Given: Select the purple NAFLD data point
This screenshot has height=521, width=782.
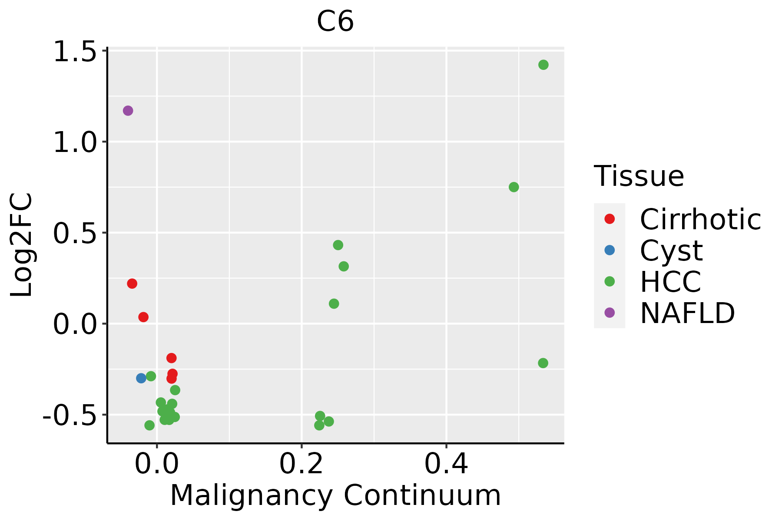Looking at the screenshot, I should pos(128,111).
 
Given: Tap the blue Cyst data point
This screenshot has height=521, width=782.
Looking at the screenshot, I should pos(141,378).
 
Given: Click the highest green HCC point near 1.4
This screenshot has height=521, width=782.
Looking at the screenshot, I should pos(543,65).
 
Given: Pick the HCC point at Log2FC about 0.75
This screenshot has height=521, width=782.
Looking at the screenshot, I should pos(514,187).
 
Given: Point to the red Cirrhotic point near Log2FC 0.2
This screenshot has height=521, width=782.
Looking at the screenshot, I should pos(132,284).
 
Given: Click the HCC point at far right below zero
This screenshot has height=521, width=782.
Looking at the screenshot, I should pos(543,363).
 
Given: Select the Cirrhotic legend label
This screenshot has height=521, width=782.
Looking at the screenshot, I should pos(700,219).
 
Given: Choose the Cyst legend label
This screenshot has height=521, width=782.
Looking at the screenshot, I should pos(671,251).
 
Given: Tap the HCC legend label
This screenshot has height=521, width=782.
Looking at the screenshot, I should pos(670,282).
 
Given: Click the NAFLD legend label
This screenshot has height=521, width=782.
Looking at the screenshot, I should pos(687,313).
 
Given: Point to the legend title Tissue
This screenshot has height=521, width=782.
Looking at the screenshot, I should pos(639,176).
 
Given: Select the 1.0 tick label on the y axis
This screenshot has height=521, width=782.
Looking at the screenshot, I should pos(74,142).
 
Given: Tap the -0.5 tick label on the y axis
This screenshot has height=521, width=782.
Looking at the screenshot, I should pos(69,415).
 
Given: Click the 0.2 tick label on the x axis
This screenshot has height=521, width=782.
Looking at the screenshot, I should pos(301,464).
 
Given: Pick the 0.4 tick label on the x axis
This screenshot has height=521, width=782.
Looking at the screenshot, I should pos(446,464).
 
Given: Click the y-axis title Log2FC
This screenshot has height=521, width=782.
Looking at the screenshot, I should pos(22,245).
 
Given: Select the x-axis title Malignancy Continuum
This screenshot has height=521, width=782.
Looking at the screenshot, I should pos(335,495).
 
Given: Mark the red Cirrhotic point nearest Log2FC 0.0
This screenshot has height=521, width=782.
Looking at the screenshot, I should pos(143,317).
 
